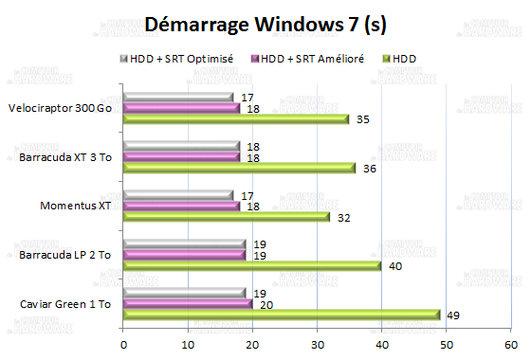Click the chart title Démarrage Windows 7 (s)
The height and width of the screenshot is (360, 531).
(265, 24)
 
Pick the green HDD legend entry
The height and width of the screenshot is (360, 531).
(396, 59)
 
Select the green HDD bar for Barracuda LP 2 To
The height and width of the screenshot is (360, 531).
(252, 265)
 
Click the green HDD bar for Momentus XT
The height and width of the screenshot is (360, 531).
(227, 216)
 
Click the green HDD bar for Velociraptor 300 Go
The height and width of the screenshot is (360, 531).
(236, 118)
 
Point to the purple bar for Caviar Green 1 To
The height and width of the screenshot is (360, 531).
(188, 304)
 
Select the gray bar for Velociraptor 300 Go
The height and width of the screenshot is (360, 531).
(178, 98)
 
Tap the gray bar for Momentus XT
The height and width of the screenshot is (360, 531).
(178, 195)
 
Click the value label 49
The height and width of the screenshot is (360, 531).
(453, 315)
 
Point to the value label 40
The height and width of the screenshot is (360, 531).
(394, 265)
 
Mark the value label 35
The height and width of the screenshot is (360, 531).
(362, 118)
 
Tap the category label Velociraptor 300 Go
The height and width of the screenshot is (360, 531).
(60, 108)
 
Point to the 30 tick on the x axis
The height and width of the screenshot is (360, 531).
(317, 343)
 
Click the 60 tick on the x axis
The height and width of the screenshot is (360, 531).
(510, 343)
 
